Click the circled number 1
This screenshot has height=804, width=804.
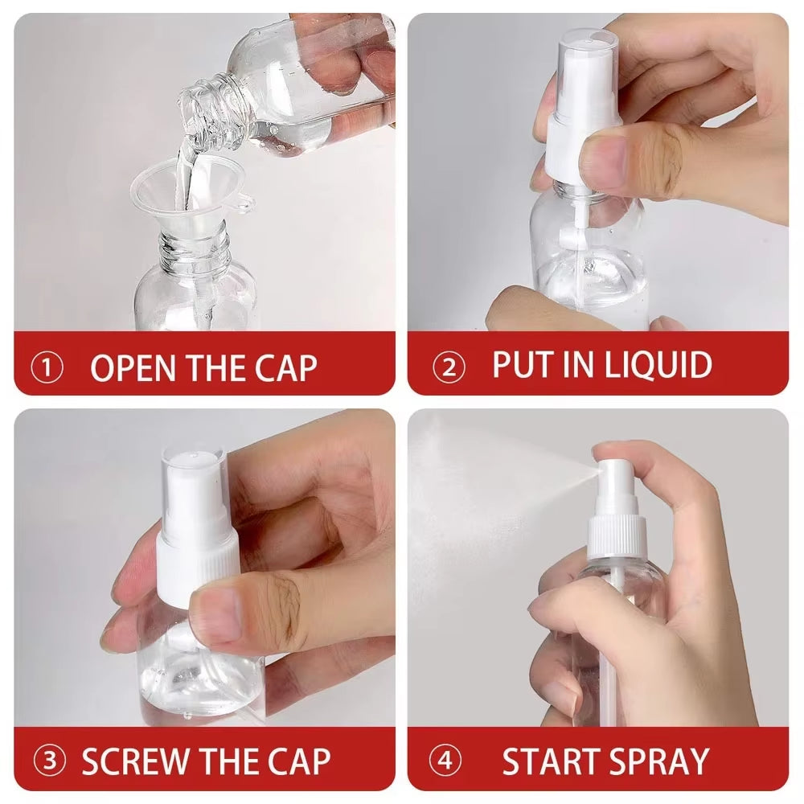[x=47, y=368]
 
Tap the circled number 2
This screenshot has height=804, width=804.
[x=449, y=367]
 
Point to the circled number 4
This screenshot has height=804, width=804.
[x=445, y=761]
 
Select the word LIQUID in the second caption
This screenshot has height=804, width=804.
[x=658, y=365]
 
